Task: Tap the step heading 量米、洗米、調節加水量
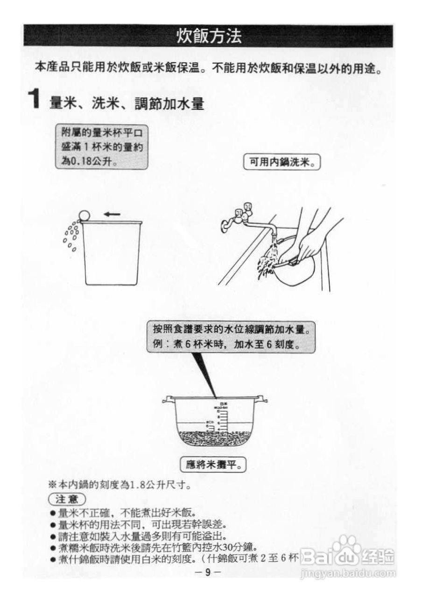(x=127, y=103)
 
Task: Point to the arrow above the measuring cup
(x=112, y=214)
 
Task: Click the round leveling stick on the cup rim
(x=84, y=215)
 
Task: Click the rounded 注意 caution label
(x=67, y=498)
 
